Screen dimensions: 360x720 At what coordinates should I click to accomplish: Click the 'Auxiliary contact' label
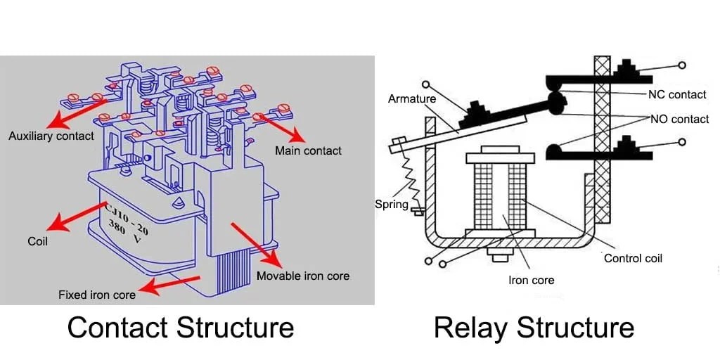tap(51, 136)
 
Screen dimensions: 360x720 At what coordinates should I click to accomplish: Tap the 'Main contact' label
tap(308, 150)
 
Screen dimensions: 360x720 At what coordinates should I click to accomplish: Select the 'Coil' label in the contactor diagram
tap(37, 241)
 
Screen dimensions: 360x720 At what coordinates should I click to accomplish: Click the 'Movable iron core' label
tap(302, 275)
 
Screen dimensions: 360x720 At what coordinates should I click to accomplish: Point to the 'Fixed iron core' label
tap(97, 295)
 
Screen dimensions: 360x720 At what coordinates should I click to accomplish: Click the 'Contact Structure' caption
tap(180, 328)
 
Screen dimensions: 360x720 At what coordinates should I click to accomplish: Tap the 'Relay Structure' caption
tap(534, 328)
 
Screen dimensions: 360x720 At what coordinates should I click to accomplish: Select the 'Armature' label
tap(412, 99)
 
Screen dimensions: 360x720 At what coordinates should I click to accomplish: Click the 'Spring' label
tap(391, 204)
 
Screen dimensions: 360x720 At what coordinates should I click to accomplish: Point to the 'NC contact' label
tap(677, 94)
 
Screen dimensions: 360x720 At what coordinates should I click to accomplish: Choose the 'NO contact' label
tap(679, 120)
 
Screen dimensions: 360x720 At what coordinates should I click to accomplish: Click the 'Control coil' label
tap(633, 258)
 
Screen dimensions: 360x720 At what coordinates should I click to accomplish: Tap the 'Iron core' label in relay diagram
tap(531, 280)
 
